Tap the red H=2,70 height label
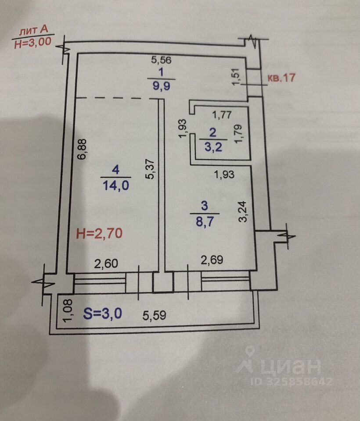coord(99,234)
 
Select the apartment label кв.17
coord(281,78)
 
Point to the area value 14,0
coord(115,186)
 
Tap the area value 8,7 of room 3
coord(205,221)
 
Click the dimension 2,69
coord(212,260)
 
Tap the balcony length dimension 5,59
coord(155,315)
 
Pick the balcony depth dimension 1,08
coord(67,310)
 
